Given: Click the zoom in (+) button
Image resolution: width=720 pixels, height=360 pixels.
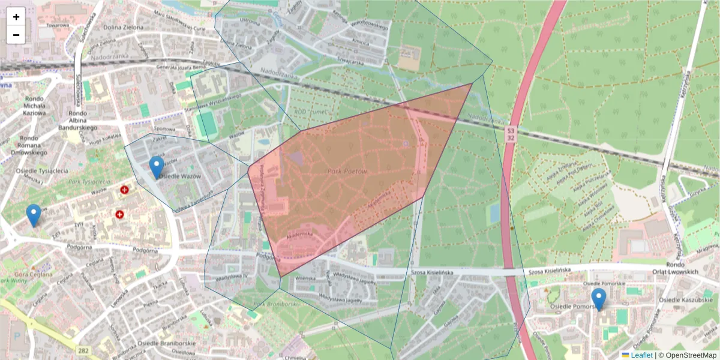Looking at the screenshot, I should pyautogui.click(x=16, y=17).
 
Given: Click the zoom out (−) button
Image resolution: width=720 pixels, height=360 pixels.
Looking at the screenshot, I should pyautogui.click(x=16, y=35).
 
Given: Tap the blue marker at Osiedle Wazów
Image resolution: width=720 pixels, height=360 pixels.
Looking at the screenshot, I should pyautogui.click(x=157, y=167).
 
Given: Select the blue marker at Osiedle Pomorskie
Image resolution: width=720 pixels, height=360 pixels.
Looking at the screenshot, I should pyautogui.click(x=598, y=299).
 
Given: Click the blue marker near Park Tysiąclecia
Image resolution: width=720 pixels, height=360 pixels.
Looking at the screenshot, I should pyautogui.click(x=34, y=215).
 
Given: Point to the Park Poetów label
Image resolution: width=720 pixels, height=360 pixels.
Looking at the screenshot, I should pyautogui.click(x=347, y=172).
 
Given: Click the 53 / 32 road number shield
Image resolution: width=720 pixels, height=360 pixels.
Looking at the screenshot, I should pyautogui.click(x=511, y=133).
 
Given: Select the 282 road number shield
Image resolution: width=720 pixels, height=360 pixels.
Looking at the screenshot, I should pyautogui.click(x=84, y=349).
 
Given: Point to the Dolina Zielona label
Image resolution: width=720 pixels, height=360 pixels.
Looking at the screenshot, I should pyautogui.click(x=123, y=27).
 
